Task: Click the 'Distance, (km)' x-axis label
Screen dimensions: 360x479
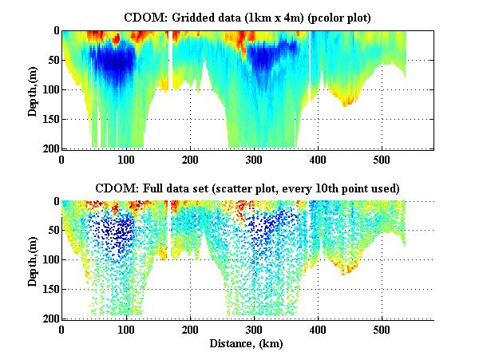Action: [x=247, y=343]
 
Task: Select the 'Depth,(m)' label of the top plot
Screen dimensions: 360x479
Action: [x=33, y=89]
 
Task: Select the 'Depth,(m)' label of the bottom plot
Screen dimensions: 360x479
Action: [x=33, y=260]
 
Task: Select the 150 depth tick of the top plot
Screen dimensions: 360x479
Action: [x=49, y=119]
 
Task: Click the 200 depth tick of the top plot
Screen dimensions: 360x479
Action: [x=49, y=148]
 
